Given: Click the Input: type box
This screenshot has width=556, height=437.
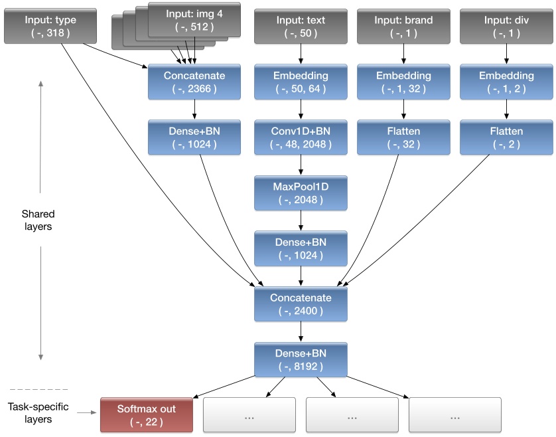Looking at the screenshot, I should tap(50, 25).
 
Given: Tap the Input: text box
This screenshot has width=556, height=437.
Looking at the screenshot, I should tap(301, 25).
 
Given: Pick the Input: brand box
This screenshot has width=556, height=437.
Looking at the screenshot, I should tap(403, 25).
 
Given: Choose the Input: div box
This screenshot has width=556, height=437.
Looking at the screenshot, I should tap(506, 25).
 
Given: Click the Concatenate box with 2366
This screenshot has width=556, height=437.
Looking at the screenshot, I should tap(194, 81).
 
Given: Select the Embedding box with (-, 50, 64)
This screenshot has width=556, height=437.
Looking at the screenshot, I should tap(301, 81).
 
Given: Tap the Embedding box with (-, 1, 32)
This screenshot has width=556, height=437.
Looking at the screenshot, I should tap(403, 81).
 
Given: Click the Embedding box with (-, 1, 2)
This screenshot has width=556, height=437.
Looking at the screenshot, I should tap(506, 81).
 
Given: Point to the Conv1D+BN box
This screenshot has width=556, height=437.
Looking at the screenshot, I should tap(301, 137).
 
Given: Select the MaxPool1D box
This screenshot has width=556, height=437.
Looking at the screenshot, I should tap(301, 192).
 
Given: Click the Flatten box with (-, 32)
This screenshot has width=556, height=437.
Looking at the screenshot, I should tap(403, 137).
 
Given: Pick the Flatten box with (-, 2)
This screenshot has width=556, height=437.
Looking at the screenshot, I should tap(506, 137).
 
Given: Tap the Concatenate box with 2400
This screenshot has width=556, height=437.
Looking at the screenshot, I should tap(301, 304).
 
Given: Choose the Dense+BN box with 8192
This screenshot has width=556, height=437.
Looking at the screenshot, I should tap(301, 359).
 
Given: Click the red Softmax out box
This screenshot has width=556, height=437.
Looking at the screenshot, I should tap(146, 414).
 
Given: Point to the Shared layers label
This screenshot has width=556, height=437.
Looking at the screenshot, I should tap(38, 220).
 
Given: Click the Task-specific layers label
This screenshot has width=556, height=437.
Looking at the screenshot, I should tap(38, 413).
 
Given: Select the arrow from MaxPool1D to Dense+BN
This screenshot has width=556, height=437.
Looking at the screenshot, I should tap(301, 219).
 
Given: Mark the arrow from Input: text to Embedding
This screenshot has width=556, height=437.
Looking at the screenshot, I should tap(301, 52).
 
